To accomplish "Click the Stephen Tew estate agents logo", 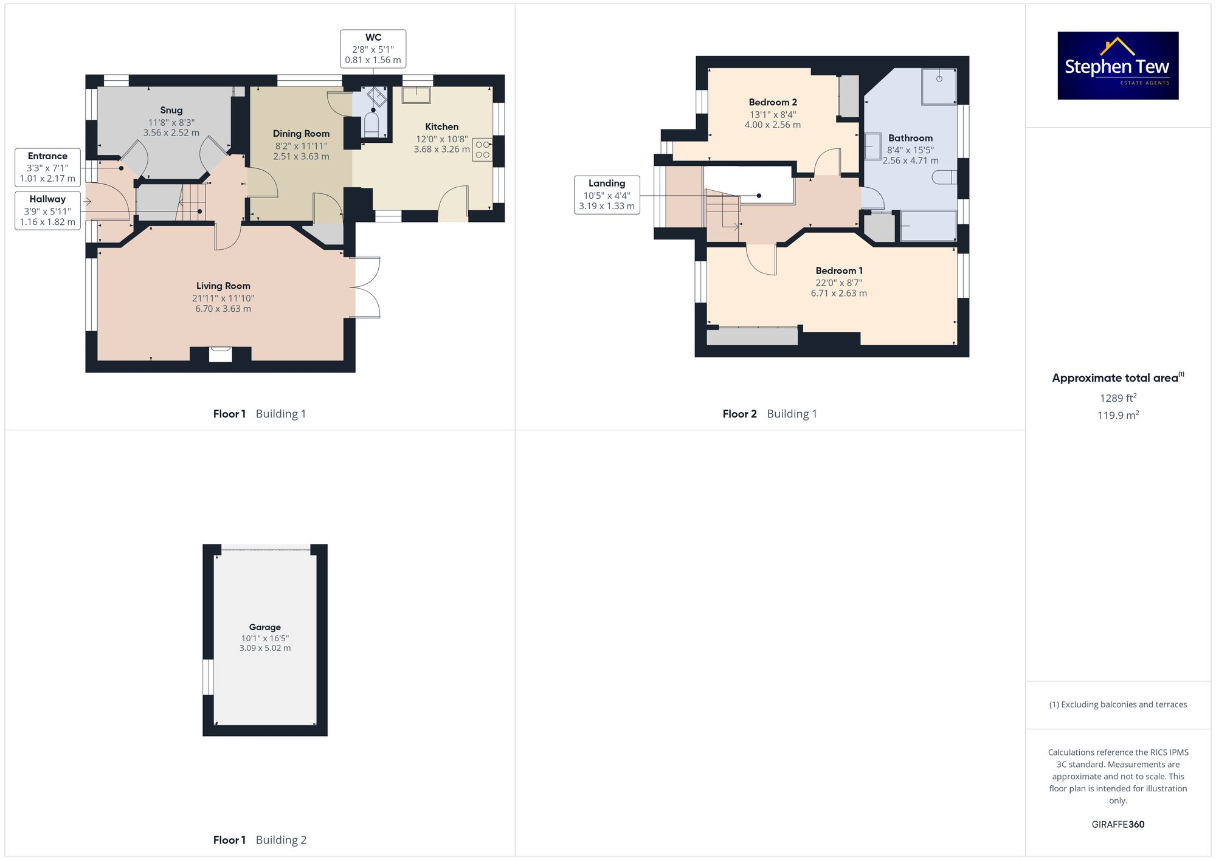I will click(x=1118, y=66).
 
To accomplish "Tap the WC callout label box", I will click(x=373, y=49).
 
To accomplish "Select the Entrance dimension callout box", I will click(x=47, y=167).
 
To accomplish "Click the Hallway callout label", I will click(x=47, y=210).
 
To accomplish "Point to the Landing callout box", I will click(x=606, y=194).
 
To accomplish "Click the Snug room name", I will click(x=171, y=110).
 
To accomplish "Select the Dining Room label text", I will click(x=301, y=134).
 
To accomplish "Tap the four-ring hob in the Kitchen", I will click(x=482, y=150).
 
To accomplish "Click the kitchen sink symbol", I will click(x=416, y=94).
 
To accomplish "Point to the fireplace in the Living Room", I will click(x=220, y=354).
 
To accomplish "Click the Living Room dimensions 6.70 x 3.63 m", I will click(x=223, y=309).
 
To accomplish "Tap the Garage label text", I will click(x=264, y=627).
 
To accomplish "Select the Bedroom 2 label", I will click(x=772, y=102).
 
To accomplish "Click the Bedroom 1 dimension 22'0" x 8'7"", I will click(x=838, y=283).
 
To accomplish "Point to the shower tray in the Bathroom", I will click(x=939, y=86).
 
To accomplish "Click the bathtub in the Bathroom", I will click(x=927, y=225).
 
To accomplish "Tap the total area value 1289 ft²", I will click(x=1118, y=398).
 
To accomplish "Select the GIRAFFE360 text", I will click(x=1118, y=825).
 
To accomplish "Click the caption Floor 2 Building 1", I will click(x=769, y=414).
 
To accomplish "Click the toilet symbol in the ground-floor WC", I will click(x=371, y=125).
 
